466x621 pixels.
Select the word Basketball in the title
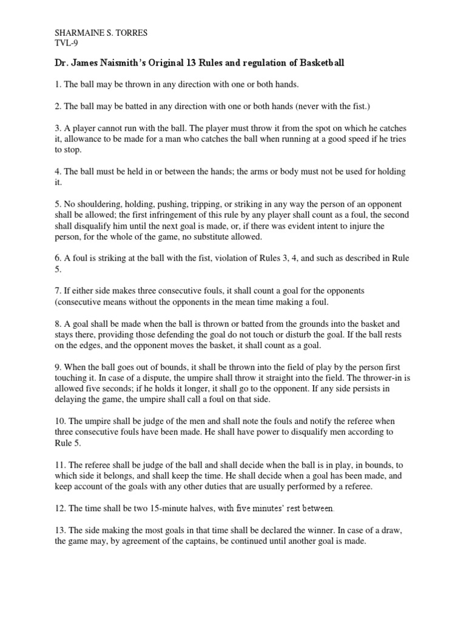pos(320,63)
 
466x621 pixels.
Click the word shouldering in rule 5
pos(92,204)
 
